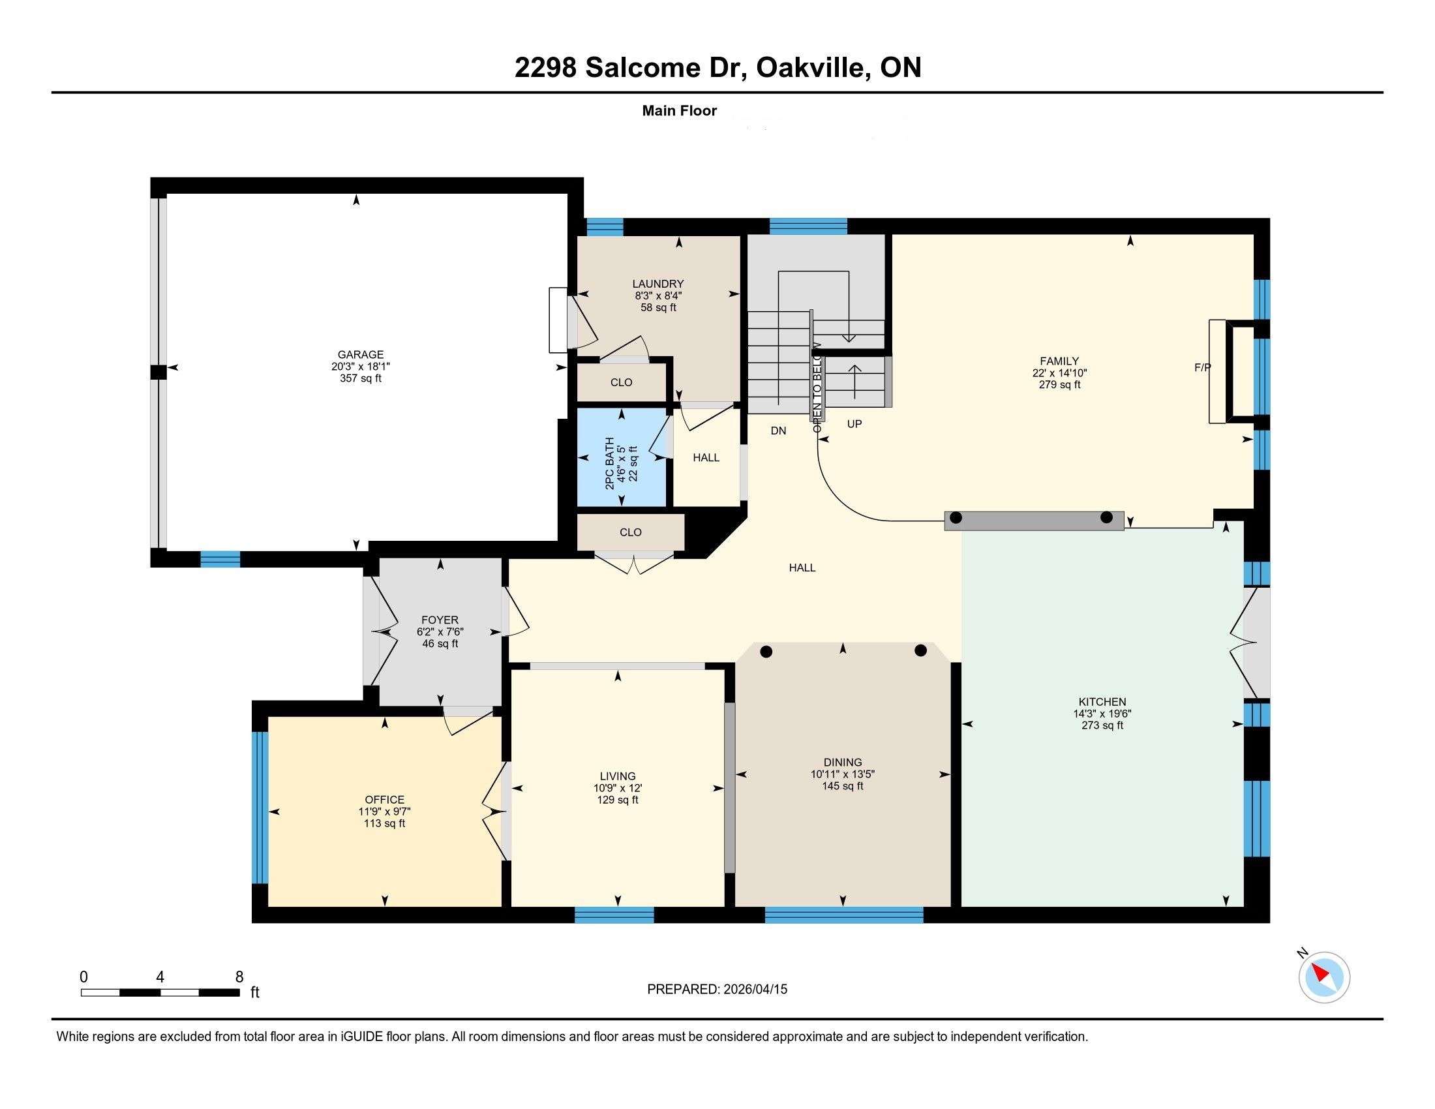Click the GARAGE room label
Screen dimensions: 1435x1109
(x=360, y=355)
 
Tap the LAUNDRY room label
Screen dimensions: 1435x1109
(x=657, y=284)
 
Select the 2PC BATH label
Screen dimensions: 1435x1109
(x=609, y=463)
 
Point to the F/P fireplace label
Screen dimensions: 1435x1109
(x=1202, y=368)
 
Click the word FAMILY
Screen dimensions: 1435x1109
(x=1059, y=361)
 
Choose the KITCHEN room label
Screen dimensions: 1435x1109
(x=1102, y=702)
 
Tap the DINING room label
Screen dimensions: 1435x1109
(x=842, y=762)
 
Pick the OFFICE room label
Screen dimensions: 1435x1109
(x=384, y=800)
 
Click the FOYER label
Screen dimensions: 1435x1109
(x=440, y=620)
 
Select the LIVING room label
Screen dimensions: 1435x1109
(x=618, y=776)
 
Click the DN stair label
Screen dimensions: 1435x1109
(x=778, y=431)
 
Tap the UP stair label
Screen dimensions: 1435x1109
(x=854, y=425)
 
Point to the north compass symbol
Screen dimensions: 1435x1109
(x=1324, y=978)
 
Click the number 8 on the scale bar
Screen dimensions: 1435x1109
(x=239, y=977)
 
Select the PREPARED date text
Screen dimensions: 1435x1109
(x=717, y=990)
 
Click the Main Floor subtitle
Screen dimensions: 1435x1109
(x=680, y=110)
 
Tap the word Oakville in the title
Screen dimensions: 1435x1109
(x=811, y=67)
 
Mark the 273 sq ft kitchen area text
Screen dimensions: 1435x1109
(x=1102, y=725)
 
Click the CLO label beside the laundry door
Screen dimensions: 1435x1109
(x=621, y=382)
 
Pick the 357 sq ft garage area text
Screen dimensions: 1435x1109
(x=360, y=378)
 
